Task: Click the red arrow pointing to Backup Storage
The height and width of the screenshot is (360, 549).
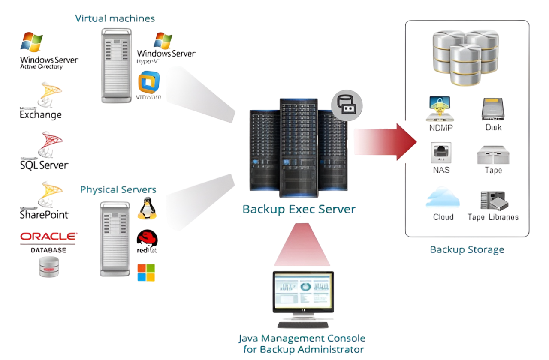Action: click(386, 142)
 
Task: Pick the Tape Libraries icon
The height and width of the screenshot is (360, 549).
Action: click(493, 200)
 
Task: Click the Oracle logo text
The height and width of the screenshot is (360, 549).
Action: click(48, 236)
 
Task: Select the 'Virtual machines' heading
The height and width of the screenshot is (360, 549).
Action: click(115, 18)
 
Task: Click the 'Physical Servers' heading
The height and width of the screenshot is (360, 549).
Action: click(118, 189)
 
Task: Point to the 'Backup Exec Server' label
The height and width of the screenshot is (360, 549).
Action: click(299, 209)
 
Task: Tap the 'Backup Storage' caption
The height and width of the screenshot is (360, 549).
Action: click(467, 249)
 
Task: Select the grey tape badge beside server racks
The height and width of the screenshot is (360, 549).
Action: click(347, 105)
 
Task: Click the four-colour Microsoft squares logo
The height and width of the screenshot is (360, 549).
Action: click(146, 273)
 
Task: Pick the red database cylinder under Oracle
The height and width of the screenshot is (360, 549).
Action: click(48, 267)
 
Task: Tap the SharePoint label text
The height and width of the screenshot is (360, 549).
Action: click(45, 213)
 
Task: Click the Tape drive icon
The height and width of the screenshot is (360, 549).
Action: click(493, 154)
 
